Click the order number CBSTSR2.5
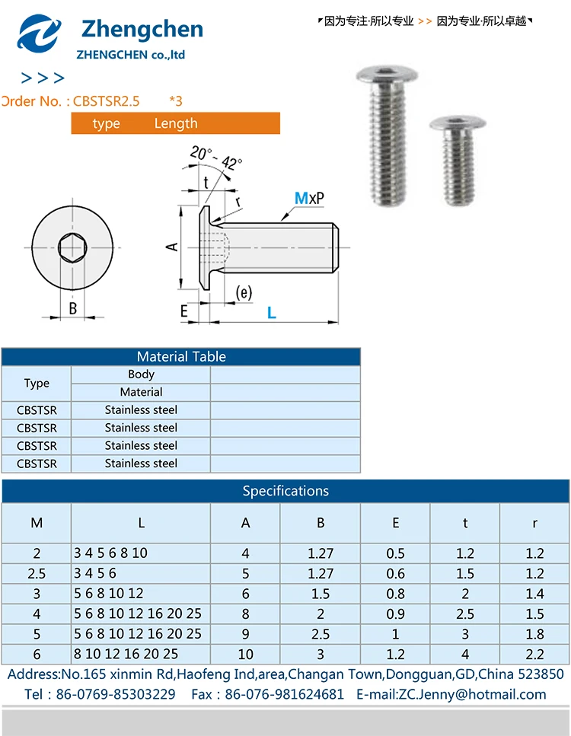click(x=106, y=101)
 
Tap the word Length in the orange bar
click(x=176, y=123)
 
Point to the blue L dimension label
click(x=271, y=312)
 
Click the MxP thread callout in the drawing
click(x=309, y=199)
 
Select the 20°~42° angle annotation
click(x=216, y=158)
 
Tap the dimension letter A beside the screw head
click(x=172, y=247)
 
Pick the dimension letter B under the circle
click(x=73, y=309)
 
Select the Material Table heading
click(x=181, y=356)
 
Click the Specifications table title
click(x=285, y=491)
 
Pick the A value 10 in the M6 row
click(x=245, y=654)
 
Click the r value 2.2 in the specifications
click(x=534, y=654)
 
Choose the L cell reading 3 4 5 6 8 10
click(x=111, y=553)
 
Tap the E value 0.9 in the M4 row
click(x=395, y=613)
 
